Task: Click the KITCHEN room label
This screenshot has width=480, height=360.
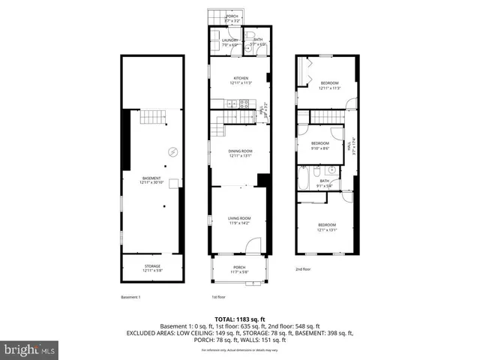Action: (240, 78)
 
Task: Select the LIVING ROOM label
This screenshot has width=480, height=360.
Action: (240, 218)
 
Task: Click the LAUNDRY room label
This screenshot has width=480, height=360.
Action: (229, 40)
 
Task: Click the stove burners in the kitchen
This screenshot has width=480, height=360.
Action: (244, 104)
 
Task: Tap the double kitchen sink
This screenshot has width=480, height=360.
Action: (224, 104)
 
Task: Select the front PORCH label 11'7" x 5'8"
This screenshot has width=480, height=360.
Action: (239, 268)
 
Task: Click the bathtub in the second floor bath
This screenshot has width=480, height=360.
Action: (302, 179)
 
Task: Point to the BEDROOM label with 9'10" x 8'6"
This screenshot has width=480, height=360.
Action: (320, 142)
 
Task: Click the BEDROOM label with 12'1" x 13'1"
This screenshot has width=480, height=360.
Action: (325, 225)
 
